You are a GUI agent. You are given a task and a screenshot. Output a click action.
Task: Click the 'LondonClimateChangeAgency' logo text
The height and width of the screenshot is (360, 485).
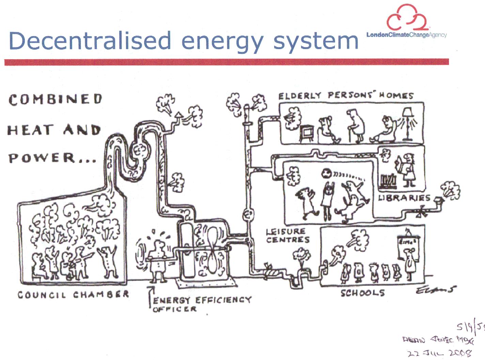[x=406, y=35]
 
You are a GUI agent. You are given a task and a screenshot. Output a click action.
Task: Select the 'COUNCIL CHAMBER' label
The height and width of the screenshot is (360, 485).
[x=73, y=295]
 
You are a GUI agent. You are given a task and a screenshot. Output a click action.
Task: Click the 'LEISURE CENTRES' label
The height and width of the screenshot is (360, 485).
[x=288, y=236]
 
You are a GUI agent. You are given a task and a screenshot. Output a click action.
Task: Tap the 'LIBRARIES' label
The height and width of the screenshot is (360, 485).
[x=404, y=198]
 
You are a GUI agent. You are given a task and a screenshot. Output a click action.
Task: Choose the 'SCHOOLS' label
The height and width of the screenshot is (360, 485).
[x=363, y=293]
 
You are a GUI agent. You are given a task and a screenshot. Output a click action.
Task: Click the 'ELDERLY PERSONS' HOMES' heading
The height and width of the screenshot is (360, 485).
[x=346, y=95]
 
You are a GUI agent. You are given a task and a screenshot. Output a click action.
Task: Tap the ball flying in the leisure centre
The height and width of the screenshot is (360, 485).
[x=326, y=173]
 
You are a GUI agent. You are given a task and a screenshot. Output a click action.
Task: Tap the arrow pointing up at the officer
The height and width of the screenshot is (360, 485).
[x=150, y=295]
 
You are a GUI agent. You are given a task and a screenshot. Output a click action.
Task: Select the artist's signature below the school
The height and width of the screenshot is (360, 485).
[x=436, y=290]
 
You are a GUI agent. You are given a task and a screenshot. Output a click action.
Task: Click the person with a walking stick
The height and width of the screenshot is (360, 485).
[x=356, y=126]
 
